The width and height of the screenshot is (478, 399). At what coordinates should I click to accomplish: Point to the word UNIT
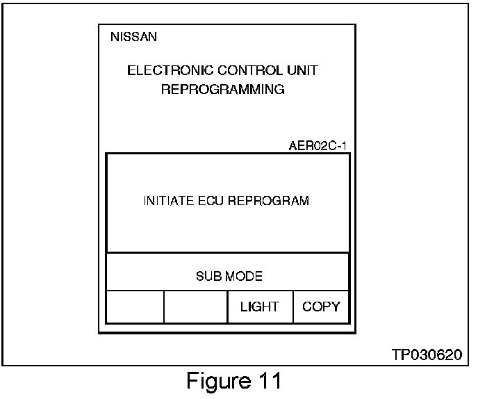click(x=303, y=71)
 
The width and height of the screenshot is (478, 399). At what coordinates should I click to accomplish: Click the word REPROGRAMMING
click(x=222, y=90)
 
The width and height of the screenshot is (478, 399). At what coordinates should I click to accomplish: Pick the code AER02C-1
click(x=318, y=147)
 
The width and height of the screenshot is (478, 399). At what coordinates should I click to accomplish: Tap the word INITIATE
click(x=166, y=201)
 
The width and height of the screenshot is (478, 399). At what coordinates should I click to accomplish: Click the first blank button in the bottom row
click(x=134, y=307)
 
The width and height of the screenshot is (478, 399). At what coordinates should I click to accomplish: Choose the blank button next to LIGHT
click(x=195, y=307)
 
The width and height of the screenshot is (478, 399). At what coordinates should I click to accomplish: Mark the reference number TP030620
click(x=427, y=354)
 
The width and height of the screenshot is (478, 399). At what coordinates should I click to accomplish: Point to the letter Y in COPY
click(x=335, y=307)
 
